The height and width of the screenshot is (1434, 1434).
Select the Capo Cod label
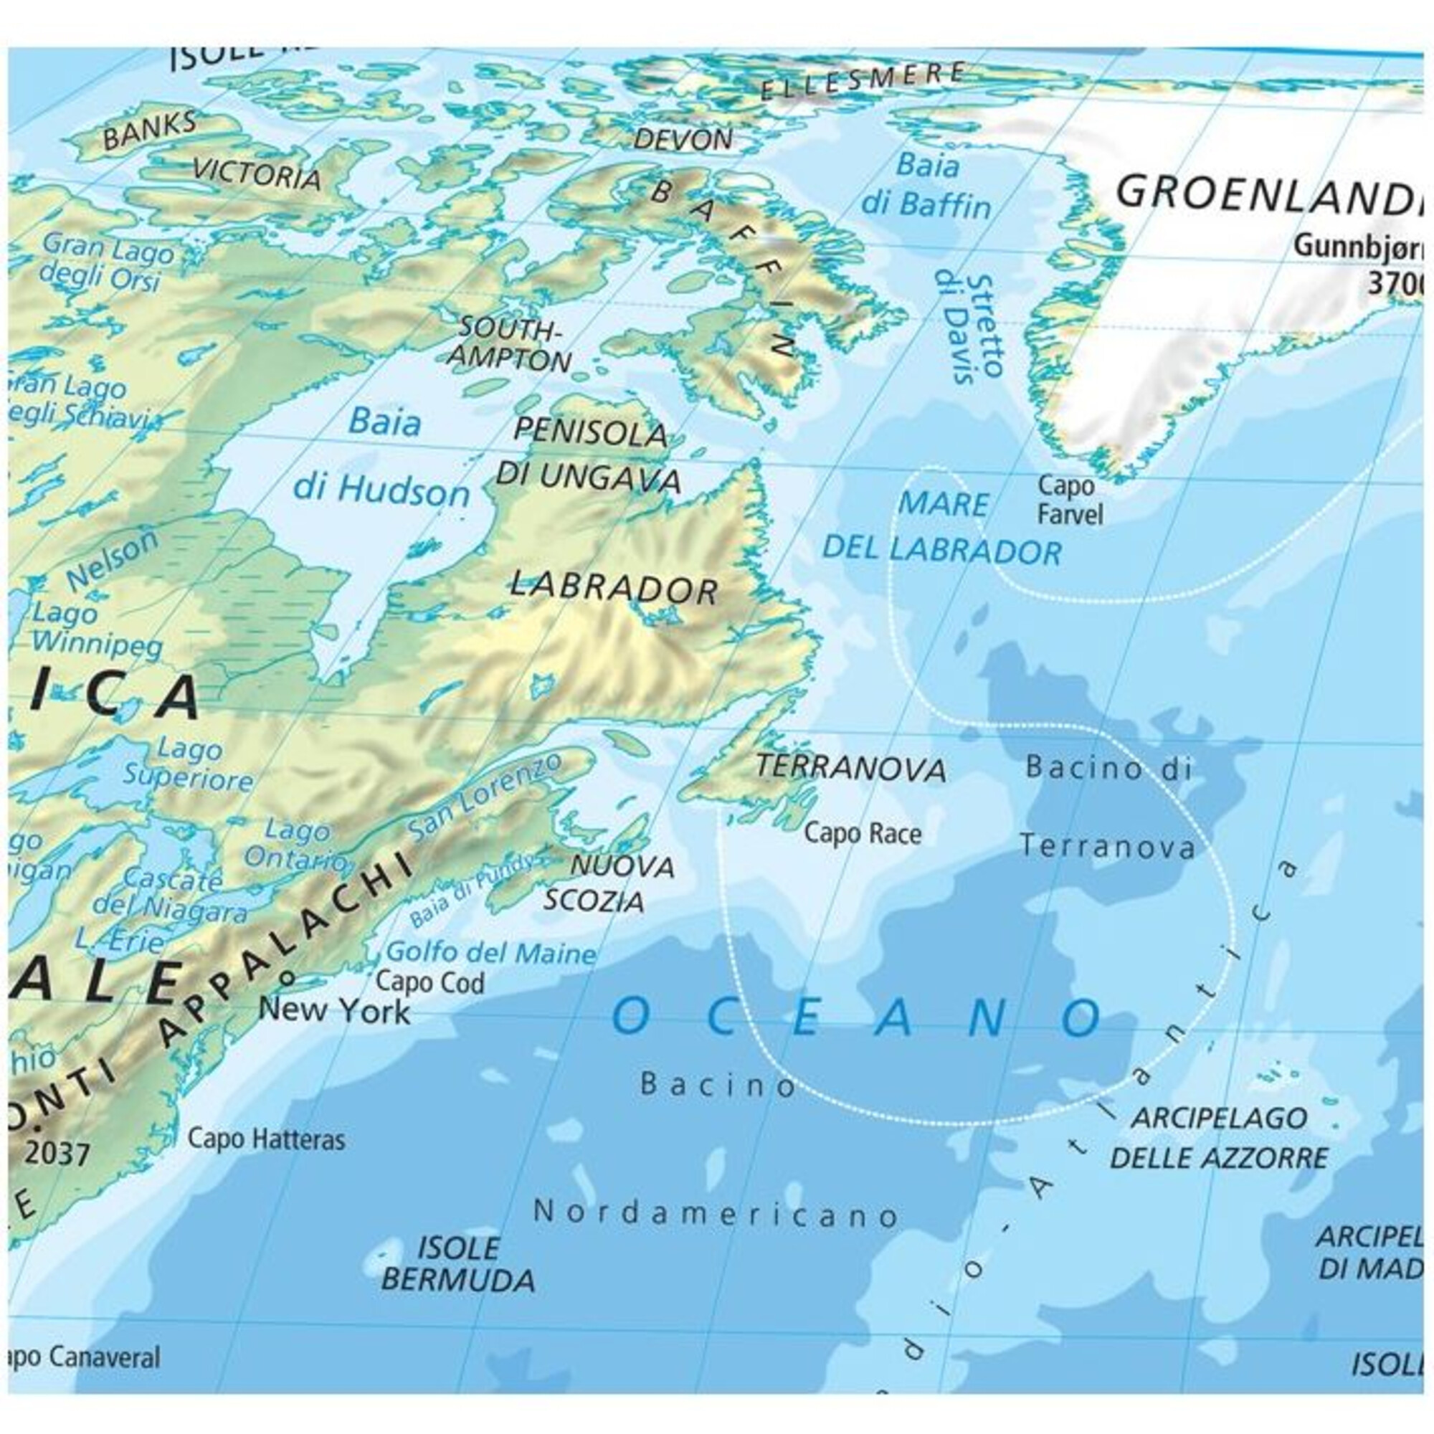click(x=429, y=983)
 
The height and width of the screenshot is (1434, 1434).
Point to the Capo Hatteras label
click(x=266, y=1139)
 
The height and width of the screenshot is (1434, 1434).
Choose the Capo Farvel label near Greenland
click(x=1069, y=500)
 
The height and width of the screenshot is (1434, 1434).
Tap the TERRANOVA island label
click(x=850, y=768)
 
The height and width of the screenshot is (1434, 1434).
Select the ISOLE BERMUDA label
click(x=457, y=1264)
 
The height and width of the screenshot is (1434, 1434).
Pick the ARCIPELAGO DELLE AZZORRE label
click(x=1219, y=1138)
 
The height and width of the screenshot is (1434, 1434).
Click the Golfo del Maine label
click(x=490, y=952)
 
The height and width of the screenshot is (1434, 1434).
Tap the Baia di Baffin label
click(x=926, y=186)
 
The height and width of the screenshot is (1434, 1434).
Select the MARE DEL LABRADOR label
click(x=943, y=528)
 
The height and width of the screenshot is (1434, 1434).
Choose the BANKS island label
click(x=149, y=131)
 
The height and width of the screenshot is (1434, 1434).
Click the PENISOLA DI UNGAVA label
click(x=588, y=455)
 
